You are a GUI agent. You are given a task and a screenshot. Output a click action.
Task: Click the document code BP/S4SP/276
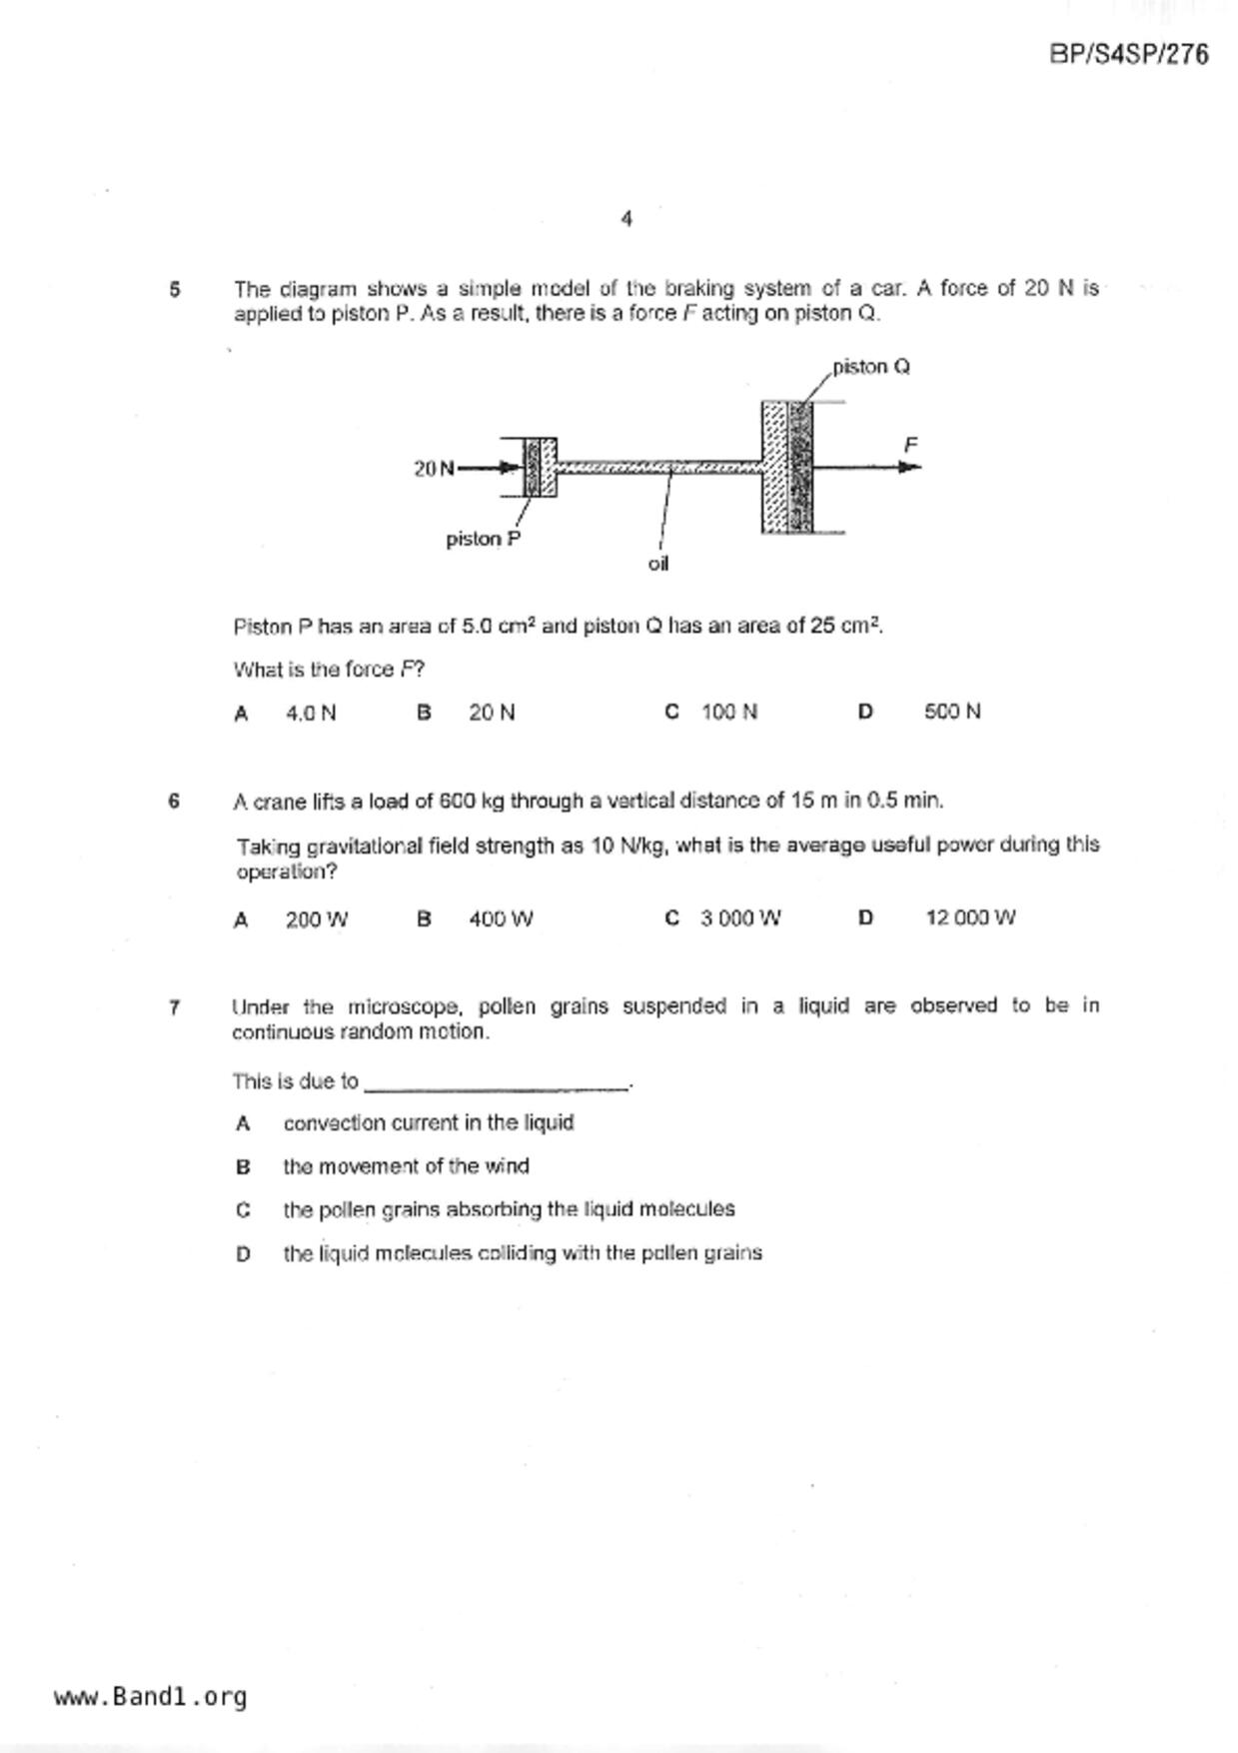pyautogui.click(x=1128, y=54)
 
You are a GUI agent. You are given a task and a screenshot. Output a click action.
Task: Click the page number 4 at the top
pyautogui.click(x=626, y=218)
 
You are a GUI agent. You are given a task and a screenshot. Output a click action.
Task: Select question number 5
pyautogui.click(x=175, y=290)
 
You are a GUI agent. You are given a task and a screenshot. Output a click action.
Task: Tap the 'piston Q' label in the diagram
pyautogui.click(x=871, y=367)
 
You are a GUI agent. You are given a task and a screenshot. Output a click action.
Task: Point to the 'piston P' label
pyautogui.click(x=483, y=539)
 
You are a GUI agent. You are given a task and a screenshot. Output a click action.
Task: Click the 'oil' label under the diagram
pyautogui.click(x=657, y=564)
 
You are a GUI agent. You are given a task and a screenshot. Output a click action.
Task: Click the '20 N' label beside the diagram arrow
pyautogui.click(x=434, y=468)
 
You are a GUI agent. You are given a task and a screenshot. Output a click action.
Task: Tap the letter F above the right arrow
pyautogui.click(x=910, y=444)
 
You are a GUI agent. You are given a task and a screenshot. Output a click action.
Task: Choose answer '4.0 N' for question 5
pyautogui.click(x=311, y=713)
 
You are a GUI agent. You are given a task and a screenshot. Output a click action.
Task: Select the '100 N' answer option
pyautogui.click(x=729, y=712)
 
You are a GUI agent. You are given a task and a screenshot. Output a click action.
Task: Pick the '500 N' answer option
pyautogui.click(x=952, y=712)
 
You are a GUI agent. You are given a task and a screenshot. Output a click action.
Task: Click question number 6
pyautogui.click(x=175, y=801)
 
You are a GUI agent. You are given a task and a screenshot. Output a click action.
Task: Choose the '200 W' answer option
pyautogui.click(x=316, y=919)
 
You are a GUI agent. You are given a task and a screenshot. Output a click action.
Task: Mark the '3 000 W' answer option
pyautogui.click(x=740, y=918)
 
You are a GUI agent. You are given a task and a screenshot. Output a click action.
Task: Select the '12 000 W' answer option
pyautogui.click(x=969, y=917)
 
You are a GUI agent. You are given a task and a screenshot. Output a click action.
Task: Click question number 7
pyautogui.click(x=175, y=1007)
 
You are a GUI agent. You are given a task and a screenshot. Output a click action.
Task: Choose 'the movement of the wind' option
pyautogui.click(x=406, y=1166)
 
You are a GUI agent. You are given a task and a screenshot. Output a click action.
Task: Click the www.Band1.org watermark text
pyautogui.click(x=151, y=1696)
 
